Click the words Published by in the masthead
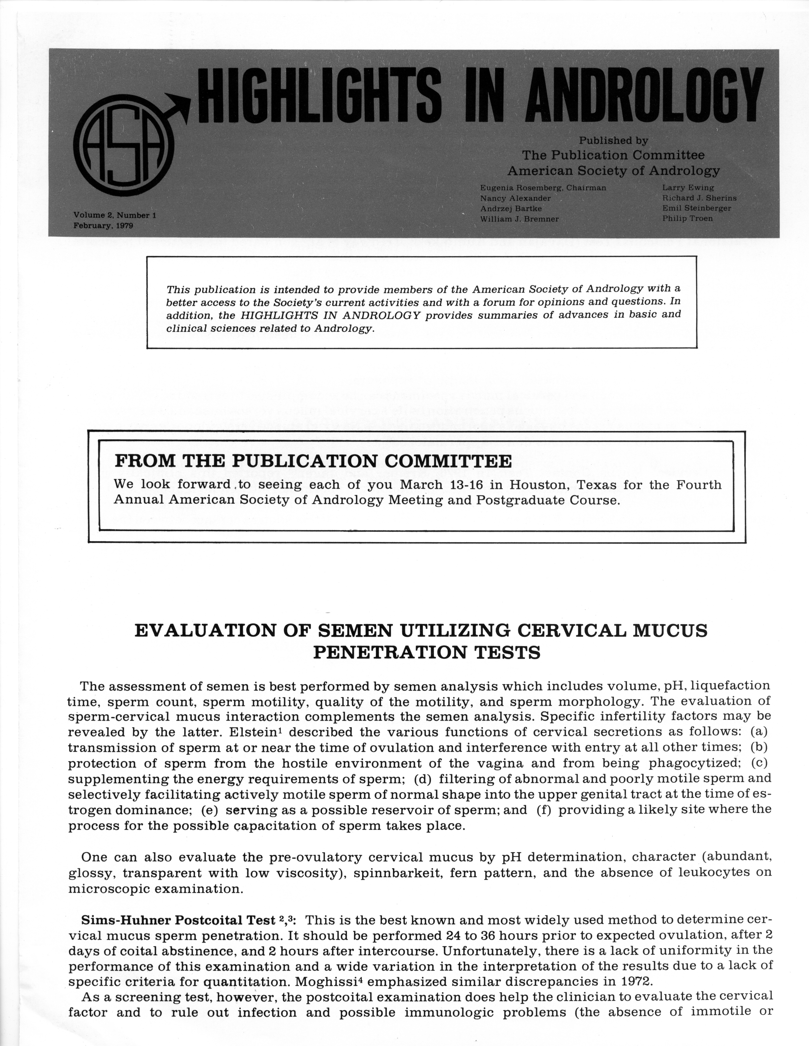613,140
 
